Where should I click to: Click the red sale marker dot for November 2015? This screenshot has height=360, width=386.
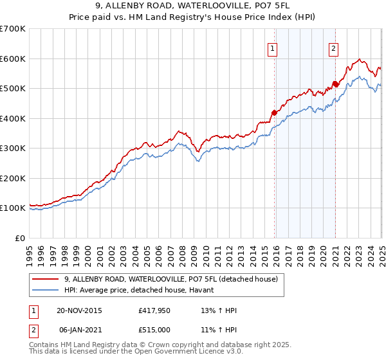pyautogui.click(x=275, y=113)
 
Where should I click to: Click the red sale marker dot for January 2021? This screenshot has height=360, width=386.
pyautogui.click(x=335, y=84)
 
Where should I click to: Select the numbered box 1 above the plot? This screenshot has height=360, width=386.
pyautogui.click(x=273, y=48)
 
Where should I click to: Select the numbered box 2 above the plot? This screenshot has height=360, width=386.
pyautogui.click(x=334, y=48)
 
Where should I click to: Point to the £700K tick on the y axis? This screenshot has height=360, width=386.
pyautogui.click(x=13, y=29)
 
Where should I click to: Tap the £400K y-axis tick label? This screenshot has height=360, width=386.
pyautogui.click(x=13, y=118)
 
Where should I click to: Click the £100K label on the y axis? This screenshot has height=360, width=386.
pyautogui.click(x=13, y=208)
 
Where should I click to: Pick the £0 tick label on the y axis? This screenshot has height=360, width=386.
pyautogui.click(x=19, y=238)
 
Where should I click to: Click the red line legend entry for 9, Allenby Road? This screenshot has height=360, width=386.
pyautogui.click(x=170, y=279)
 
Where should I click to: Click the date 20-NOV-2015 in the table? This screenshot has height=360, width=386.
pyautogui.click(x=80, y=310)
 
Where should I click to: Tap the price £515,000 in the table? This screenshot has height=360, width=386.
pyautogui.click(x=154, y=330)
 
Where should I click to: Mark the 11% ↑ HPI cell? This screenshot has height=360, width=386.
pyautogui.click(x=219, y=330)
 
